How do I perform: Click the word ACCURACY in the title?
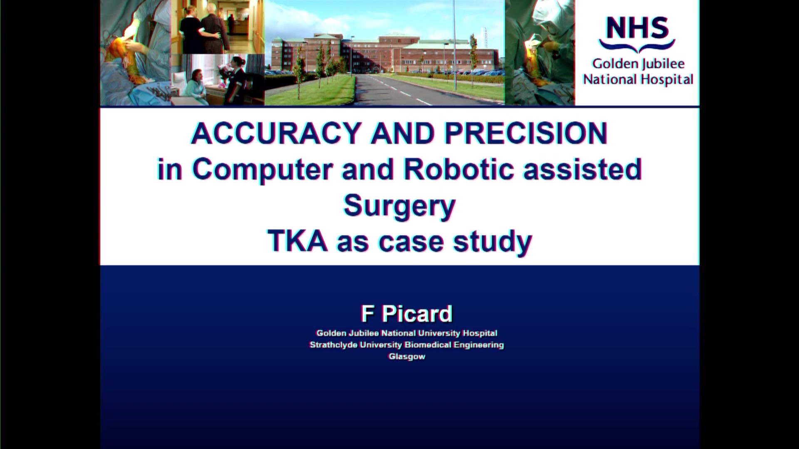pos(276,133)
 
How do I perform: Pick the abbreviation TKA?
pos(298,241)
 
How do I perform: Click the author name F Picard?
pos(407,313)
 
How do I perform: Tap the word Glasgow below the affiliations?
pos(407,357)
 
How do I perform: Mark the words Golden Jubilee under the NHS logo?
pos(638,64)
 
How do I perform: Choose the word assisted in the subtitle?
pos(583,169)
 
